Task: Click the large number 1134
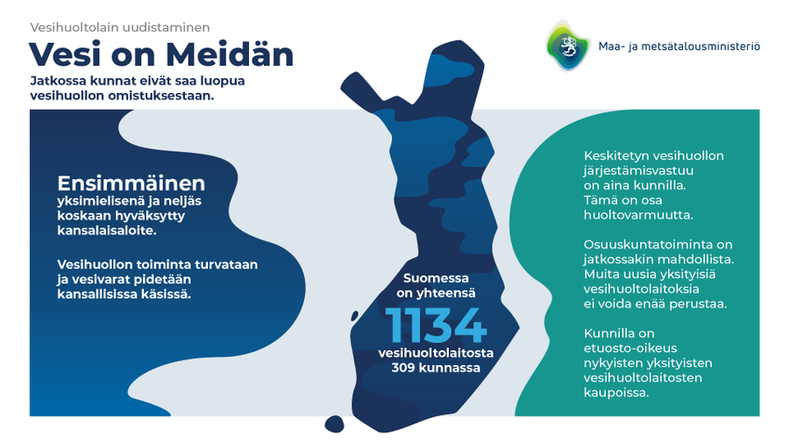coord(437,326)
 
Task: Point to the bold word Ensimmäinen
coord(131,183)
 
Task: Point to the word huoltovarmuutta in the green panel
coord(638,214)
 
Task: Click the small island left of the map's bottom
coord(335,424)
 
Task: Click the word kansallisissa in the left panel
coord(96,294)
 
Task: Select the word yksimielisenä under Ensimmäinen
coord(97,202)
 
